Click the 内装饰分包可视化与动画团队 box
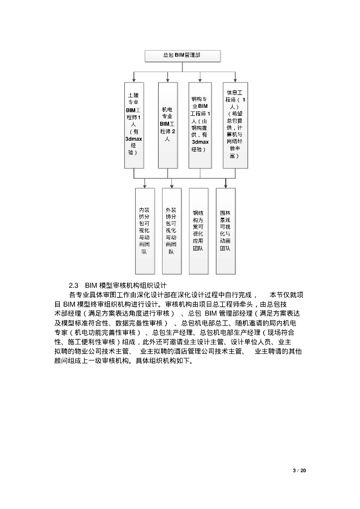coord(144,230)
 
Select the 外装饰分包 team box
coord(171,230)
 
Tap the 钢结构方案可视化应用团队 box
coord(198,230)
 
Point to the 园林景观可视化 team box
coord(225,230)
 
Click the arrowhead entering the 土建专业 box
coord(134,80)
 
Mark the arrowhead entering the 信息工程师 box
coord(235,80)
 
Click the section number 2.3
coord(74,285)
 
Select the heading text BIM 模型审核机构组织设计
coord(125,285)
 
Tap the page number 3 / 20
coord(299,470)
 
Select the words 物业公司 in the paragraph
coord(91,351)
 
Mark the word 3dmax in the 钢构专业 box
coord(200,142)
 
